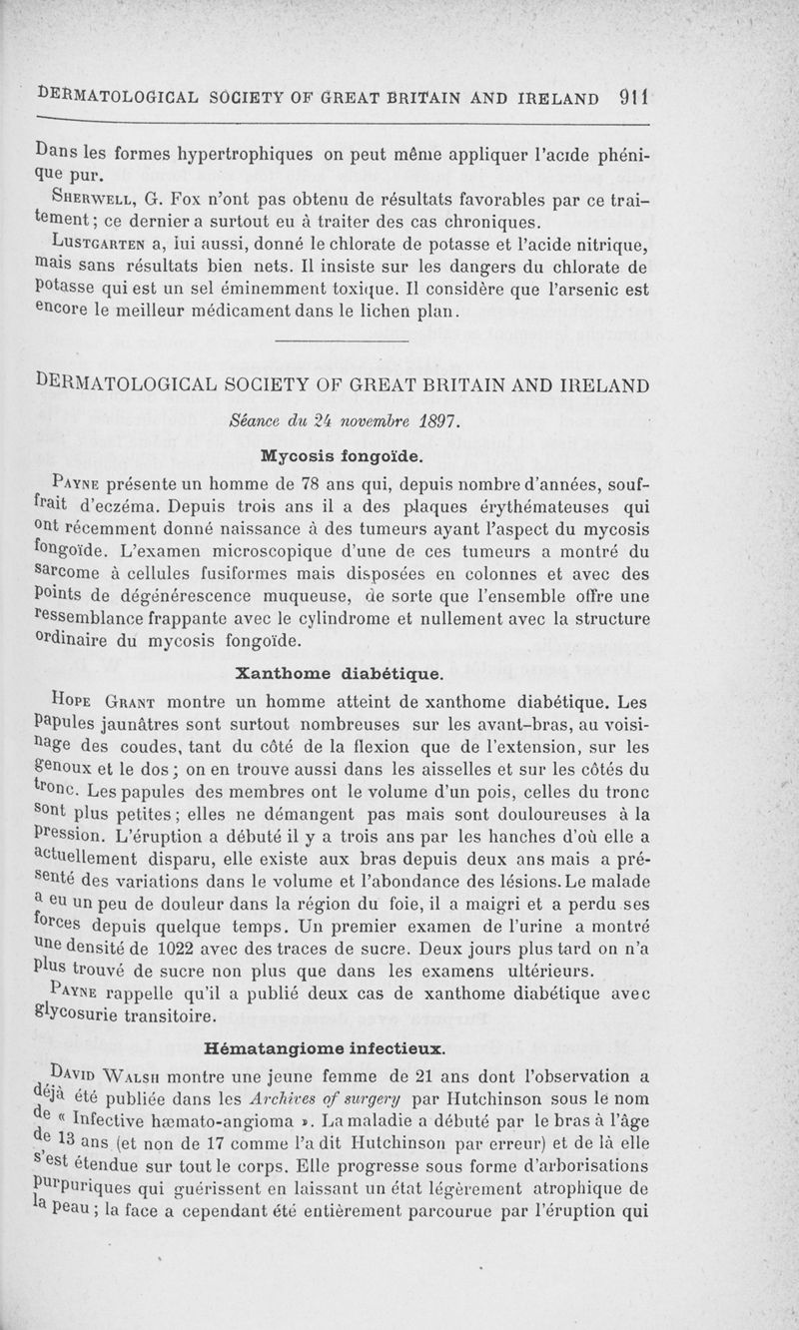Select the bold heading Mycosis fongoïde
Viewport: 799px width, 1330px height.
(x=342, y=455)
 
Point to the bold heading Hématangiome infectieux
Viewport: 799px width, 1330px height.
(x=324, y=1049)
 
